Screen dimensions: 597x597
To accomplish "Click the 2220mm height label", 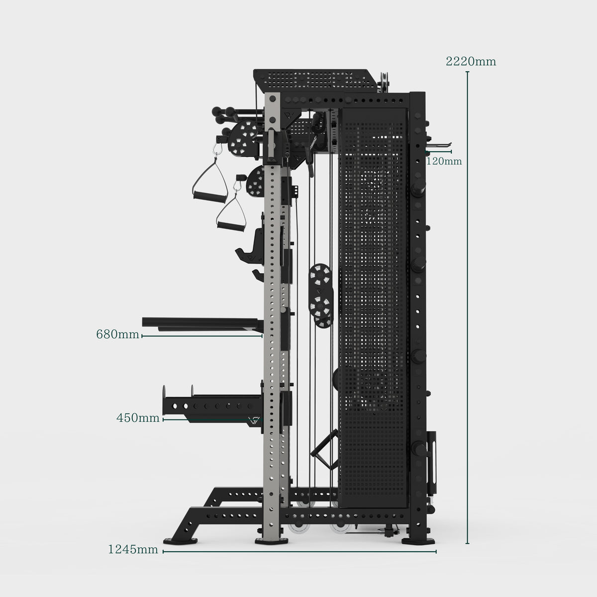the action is pos(471,61).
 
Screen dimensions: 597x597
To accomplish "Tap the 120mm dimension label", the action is pos(444,161).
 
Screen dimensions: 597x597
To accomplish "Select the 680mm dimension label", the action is pos(117,334).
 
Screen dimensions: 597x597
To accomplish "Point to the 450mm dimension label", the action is pos(138,418).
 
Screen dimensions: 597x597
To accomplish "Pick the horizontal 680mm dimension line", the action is pos(202,336).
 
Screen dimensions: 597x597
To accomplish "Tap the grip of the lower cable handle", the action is pos(230,226).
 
